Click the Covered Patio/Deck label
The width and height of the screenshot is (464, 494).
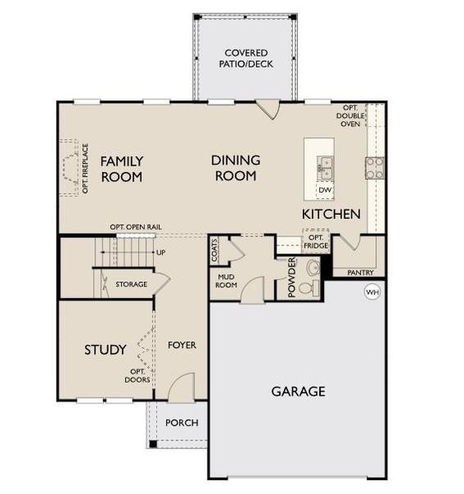click(x=245, y=58)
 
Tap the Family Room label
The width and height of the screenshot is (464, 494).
click(x=122, y=169)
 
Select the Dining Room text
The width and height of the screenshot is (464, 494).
click(x=236, y=168)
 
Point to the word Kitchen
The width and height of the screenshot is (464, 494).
click(x=332, y=214)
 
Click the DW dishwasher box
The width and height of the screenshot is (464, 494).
click(x=325, y=190)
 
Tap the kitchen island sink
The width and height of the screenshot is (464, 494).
click(x=326, y=167)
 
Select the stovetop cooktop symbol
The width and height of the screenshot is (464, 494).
click(x=374, y=167)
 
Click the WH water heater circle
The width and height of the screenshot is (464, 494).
click(x=372, y=291)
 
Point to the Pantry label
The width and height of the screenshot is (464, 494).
click(x=360, y=273)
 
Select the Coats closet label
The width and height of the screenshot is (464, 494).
click(x=215, y=249)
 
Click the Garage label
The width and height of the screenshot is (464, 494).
click(x=298, y=391)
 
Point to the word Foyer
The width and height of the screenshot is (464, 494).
click(x=182, y=345)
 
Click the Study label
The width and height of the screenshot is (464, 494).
click(x=105, y=350)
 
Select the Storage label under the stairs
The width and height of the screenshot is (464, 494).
click(x=132, y=284)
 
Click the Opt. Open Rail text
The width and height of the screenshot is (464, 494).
click(x=134, y=227)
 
